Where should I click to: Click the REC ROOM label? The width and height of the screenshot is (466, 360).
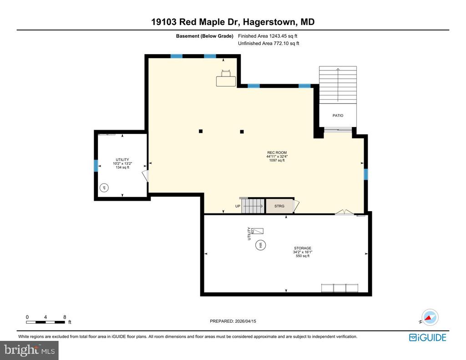pyautogui.click(x=277, y=152)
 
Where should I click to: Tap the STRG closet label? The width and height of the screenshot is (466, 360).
pyautogui.click(x=279, y=206)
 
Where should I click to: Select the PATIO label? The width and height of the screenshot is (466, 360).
pyautogui.click(x=338, y=116)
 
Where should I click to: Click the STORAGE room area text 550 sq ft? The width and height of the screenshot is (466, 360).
pyautogui.click(x=302, y=256)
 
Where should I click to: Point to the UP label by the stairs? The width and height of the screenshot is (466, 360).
pyautogui.click(x=238, y=206)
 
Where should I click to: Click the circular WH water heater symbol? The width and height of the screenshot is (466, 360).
pyautogui.click(x=261, y=245)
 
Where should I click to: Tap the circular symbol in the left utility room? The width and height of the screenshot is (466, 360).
pyautogui.click(x=104, y=188)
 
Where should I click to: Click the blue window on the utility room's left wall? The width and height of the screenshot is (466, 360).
pyautogui.click(x=96, y=165)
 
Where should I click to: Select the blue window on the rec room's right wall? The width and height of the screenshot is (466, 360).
pyautogui.click(x=365, y=174)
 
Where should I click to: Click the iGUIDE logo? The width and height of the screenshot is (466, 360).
pyautogui.click(x=427, y=337)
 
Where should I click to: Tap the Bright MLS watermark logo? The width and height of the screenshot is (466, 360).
pyautogui.click(x=29, y=350)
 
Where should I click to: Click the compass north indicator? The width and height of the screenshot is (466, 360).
pyautogui.click(x=429, y=317)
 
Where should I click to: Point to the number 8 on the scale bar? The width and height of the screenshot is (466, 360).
pyautogui.click(x=65, y=317)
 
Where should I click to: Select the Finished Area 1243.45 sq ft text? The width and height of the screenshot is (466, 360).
pyautogui.click(x=268, y=36)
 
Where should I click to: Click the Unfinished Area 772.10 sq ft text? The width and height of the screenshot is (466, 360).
pyautogui.click(x=268, y=44)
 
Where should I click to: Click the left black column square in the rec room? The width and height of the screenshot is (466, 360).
pyautogui.click(x=200, y=132)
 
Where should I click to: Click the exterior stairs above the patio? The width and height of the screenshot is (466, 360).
pyautogui.click(x=338, y=84)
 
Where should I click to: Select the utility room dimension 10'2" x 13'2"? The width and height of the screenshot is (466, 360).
pyautogui.click(x=122, y=163)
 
